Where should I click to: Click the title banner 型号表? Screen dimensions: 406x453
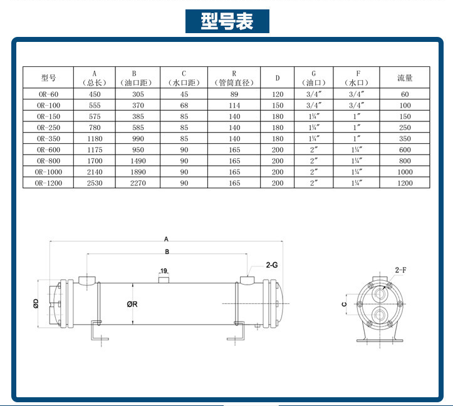click(227, 21)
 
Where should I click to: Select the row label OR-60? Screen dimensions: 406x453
click(48, 94)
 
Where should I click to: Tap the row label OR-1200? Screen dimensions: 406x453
click(48, 183)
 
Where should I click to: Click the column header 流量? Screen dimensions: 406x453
click(405, 78)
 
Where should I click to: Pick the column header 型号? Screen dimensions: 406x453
click(48, 78)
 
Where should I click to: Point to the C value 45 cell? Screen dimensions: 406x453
click(184, 94)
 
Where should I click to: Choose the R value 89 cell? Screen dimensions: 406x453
click(234, 94)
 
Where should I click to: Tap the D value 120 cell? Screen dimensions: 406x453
click(278, 94)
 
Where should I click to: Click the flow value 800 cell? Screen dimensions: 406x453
click(405, 161)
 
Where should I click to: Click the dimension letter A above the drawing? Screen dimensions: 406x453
click(166, 238)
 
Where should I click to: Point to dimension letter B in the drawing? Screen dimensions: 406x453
click(166, 251)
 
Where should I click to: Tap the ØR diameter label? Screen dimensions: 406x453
click(132, 304)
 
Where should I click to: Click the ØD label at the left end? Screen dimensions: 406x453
click(36, 305)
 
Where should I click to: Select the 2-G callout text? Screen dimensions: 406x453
click(272, 265)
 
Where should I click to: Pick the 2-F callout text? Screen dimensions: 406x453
click(402, 270)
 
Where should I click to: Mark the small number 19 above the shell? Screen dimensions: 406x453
click(164, 271)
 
